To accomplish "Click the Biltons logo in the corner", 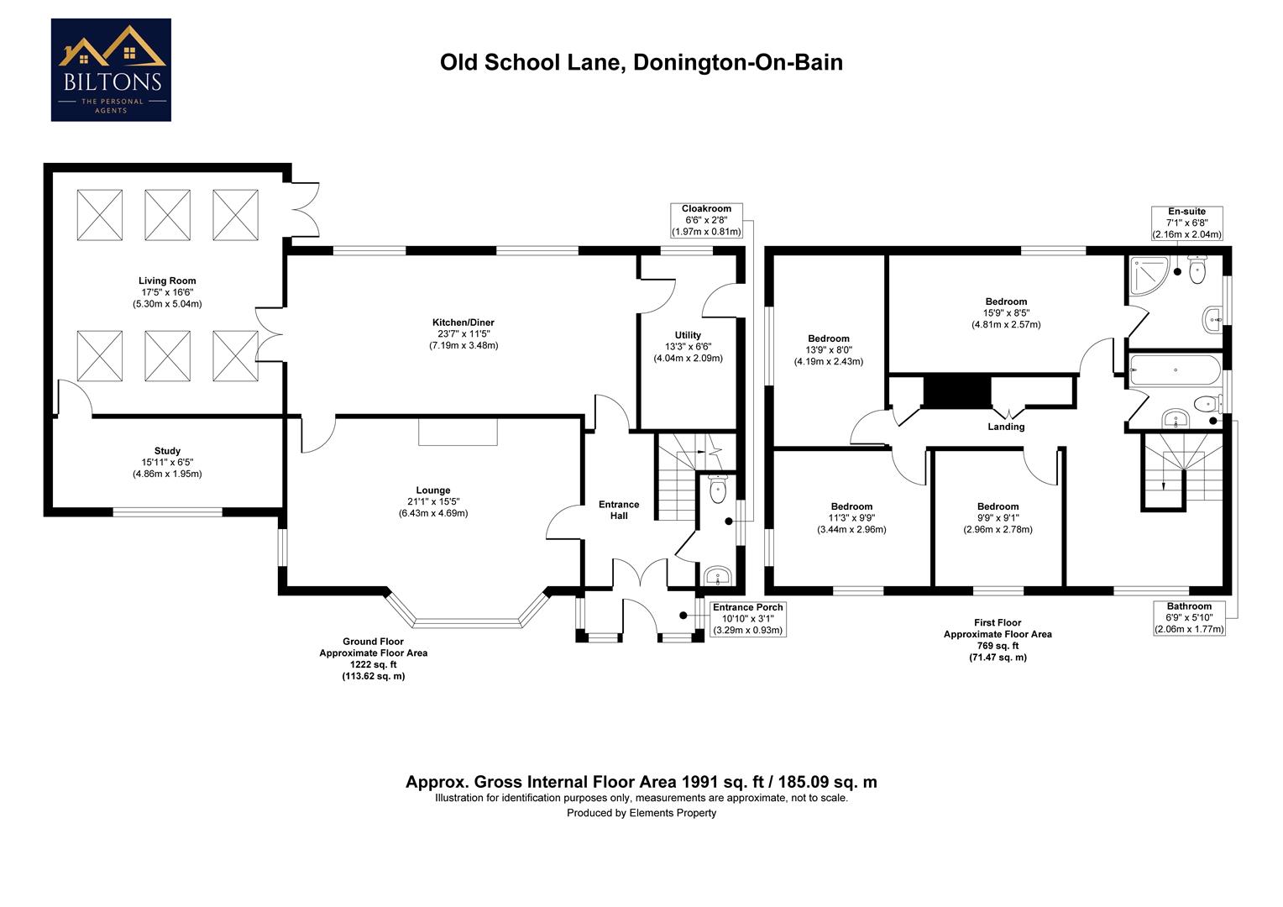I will pos(111,71).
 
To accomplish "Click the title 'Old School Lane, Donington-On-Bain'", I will pos(641,63).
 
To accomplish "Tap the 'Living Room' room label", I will pos(167,281).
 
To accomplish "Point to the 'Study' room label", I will pos(167,451).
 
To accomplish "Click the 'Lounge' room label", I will pos(433,490).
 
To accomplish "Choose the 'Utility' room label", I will pos(688,335).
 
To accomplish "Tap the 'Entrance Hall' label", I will pos(619,510).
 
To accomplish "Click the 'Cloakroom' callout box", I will pos(706,220).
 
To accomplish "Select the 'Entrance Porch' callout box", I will pos(747,618).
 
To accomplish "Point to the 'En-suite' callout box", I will pos(1186,223).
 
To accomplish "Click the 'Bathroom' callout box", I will pos(1189,617).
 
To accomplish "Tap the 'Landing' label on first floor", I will pos(1006,427).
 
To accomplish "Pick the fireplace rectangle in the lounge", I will pos(458,432).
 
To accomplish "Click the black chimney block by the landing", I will pos(956,393).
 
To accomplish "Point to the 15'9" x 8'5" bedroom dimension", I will pos(1006,313).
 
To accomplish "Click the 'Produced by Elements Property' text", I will pos(641,813).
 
